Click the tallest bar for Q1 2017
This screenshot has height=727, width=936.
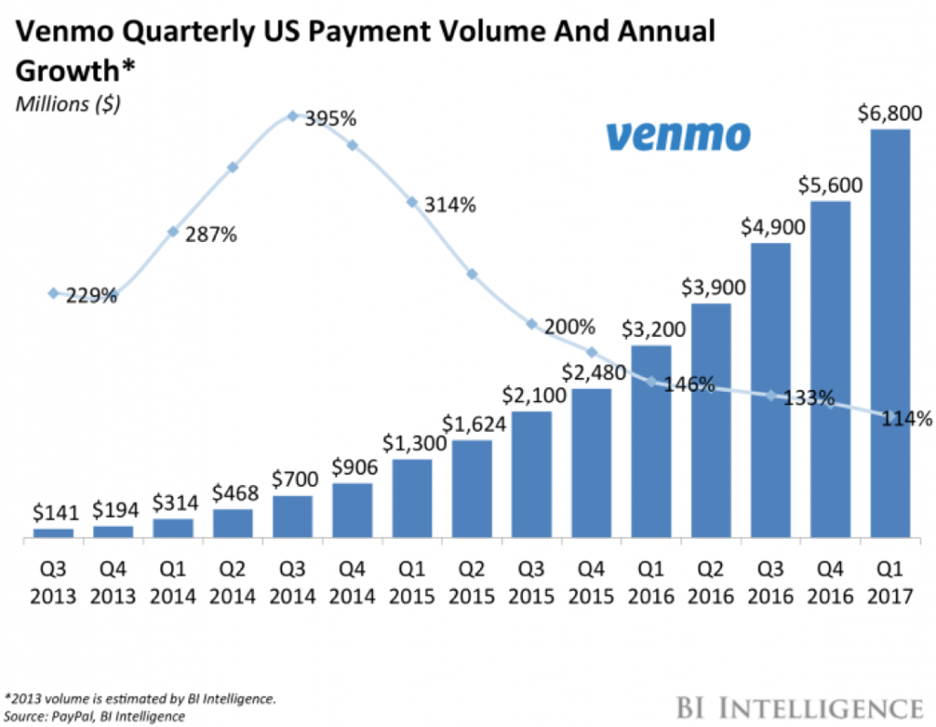[890, 333]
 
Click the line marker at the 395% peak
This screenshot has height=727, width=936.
[292, 116]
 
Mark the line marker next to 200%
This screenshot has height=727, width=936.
[531, 324]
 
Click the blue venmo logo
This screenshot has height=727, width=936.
[677, 136]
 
